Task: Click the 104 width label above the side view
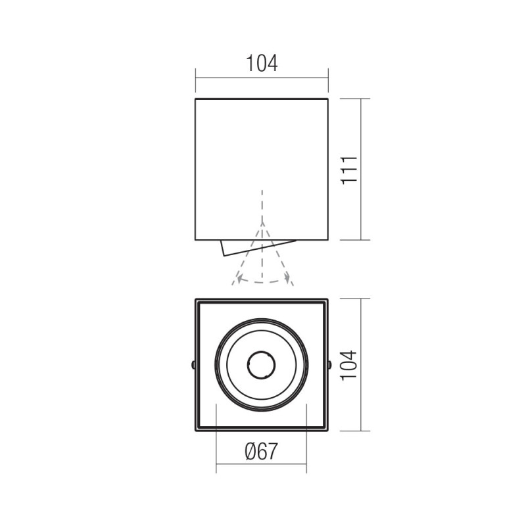pyautogui.click(x=262, y=64)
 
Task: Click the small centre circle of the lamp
pyautogui.click(x=261, y=364)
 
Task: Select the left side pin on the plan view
pyautogui.click(x=193, y=364)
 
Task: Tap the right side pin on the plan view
pyautogui.click(x=329, y=364)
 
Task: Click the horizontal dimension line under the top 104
pyautogui.click(x=262, y=78)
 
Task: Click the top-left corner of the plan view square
pyautogui.click(x=196, y=299)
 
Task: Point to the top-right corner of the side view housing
pyautogui.click(x=327, y=99)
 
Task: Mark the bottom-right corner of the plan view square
pyautogui.click(x=327, y=431)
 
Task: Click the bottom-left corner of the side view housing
pyautogui.click(x=195, y=240)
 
